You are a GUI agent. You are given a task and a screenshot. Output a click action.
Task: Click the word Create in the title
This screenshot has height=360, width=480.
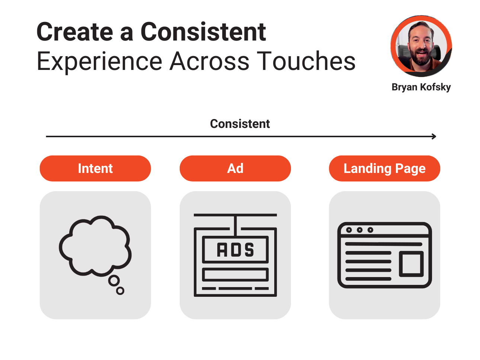click(75, 32)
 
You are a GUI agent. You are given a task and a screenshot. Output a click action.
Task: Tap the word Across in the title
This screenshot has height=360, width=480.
click(209, 61)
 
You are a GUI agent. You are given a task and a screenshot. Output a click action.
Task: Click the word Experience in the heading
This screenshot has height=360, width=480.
click(99, 62)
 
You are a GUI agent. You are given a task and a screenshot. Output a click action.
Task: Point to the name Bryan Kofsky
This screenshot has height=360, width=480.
click(421, 87)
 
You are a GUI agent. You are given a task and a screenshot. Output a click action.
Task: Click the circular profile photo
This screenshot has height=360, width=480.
click(421, 46)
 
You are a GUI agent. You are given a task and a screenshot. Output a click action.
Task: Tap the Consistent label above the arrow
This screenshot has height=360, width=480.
click(240, 124)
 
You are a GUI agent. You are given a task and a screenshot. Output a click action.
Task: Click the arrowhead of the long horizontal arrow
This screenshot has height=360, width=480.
click(434, 136)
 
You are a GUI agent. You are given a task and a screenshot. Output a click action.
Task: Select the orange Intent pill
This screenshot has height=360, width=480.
click(95, 168)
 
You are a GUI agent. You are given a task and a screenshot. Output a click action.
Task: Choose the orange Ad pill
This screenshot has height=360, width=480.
click(235, 168)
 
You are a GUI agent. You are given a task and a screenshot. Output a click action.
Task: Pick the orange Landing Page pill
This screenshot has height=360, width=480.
click(384, 168)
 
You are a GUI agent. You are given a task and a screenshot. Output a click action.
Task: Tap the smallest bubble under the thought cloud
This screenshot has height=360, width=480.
click(120, 291)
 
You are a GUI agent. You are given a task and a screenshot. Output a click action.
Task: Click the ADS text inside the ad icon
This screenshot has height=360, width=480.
click(235, 250)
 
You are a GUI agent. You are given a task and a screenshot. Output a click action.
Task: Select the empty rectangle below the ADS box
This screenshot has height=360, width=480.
click(235, 274)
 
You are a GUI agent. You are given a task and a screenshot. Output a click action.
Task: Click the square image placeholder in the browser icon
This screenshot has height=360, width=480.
click(411, 264)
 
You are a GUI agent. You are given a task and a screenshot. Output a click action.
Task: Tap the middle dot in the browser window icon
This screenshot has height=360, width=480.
click(359, 230)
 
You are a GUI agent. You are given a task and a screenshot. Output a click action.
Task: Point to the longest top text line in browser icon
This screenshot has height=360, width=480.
click(384, 244)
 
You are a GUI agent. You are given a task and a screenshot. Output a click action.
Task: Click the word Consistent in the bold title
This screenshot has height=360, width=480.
click(204, 32)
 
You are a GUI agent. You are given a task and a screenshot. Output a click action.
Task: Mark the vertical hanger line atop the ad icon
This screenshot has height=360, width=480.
click(235, 226)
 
